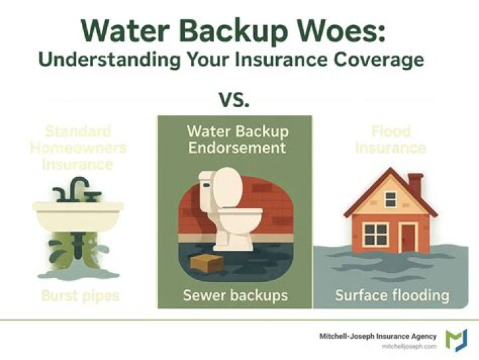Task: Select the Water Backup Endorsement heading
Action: [x=236, y=138]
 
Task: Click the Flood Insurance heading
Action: [x=391, y=138]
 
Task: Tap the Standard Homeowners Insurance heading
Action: [x=78, y=147]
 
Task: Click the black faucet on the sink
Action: [x=76, y=190]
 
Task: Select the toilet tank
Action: [x=219, y=186]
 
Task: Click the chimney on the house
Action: [x=415, y=183]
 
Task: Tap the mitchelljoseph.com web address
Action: [x=408, y=347]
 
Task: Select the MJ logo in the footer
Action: [x=456, y=340]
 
